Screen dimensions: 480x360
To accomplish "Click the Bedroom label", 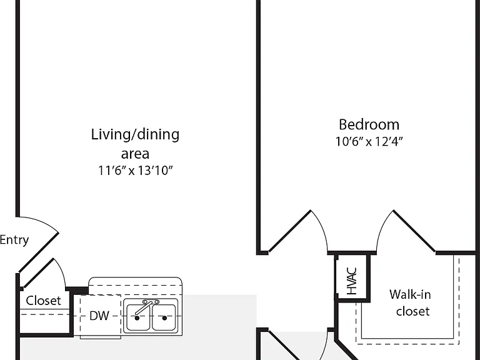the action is (x=369, y=124).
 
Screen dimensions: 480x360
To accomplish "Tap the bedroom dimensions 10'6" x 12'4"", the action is (x=369, y=141).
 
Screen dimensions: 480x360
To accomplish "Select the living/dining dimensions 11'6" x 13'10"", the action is (x=135, y=171).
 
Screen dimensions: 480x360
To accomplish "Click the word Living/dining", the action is (x=135, y=135).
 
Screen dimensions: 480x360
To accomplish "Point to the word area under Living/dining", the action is (x=135, y=154).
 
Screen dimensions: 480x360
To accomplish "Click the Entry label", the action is (x=14, y=240).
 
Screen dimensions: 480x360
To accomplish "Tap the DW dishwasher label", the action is (x=99, y=316).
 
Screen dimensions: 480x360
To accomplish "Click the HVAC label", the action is (x=352, y=281).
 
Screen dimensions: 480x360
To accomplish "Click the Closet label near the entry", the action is (x=43, y=301).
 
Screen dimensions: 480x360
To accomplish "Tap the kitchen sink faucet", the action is (x=146, y=307).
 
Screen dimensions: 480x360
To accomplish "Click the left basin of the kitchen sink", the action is (x=138, y=317).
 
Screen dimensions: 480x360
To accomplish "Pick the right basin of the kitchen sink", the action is (x=164, y=317).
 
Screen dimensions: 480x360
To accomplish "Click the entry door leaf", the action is (x=39, y=252).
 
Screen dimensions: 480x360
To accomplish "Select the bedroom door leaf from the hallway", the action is (x=289, y=231).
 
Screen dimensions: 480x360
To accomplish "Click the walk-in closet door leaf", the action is (x=414, y=231).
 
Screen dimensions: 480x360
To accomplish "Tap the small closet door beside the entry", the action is (x=39, y=273).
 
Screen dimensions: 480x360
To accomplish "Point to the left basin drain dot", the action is (x=137, y=318).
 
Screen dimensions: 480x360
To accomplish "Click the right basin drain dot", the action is (x=164, y=318).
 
